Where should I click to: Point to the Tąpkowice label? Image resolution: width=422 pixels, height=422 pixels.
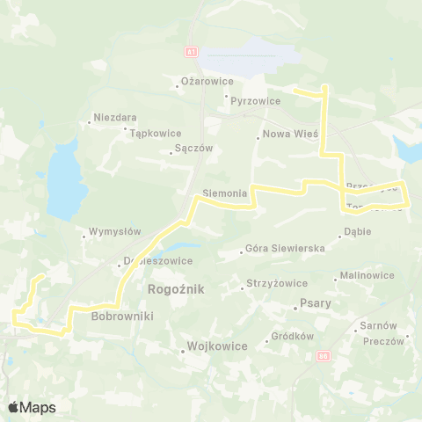tap(152, 135)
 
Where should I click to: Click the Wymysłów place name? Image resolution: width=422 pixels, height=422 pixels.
tap(116, 233)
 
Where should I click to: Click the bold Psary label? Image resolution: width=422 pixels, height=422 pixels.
tap(312, 308)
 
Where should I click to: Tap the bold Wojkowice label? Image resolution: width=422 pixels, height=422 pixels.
tap(216, 346)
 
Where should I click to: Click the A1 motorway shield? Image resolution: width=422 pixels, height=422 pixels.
tap(193, 53)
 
